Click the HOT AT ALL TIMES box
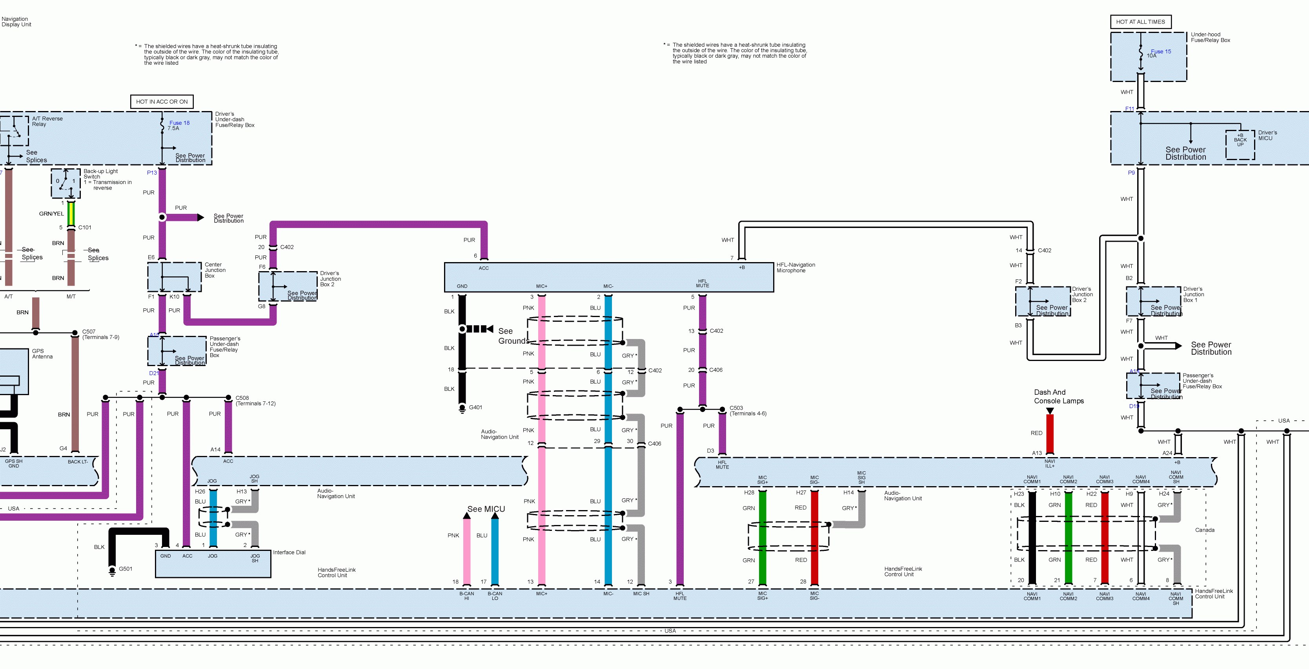(x=1140, y=22)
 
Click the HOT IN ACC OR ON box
(x=162, y=102)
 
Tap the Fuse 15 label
(x=1161, y=51)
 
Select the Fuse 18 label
(x=179, y=123)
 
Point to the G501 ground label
(x=126, y=569)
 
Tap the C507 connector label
(x=89, y=332)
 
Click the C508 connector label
(x=242, y=398)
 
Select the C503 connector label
(x=736, y=408)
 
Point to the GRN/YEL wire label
(x=51, y=213)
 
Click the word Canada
(x=1204, y=530)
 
